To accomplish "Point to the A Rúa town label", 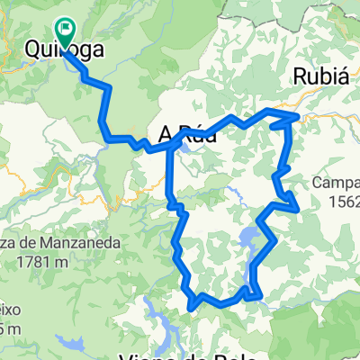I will [x=187, y=136].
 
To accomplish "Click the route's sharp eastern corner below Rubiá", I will [x=297, y=117].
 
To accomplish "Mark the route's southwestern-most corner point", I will [x=192, y=307].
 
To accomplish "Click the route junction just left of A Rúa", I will [x=170, y=144].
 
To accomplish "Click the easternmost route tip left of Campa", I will [x=297, y=209].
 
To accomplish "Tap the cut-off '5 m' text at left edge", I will [x=7, y=328].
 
